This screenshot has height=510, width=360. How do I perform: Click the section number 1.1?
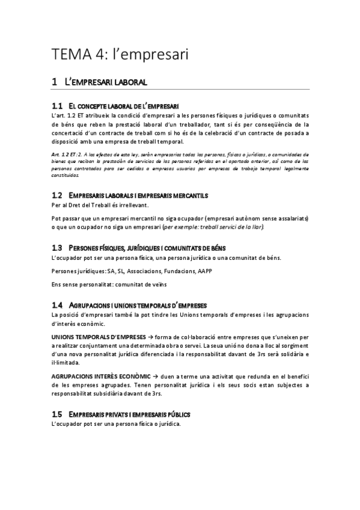pos(57,105)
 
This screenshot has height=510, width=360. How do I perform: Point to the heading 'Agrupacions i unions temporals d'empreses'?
pos(138,306)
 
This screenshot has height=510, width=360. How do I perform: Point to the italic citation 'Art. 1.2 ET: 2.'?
pos(69,155)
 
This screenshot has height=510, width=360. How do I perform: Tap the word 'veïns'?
pos(157,284)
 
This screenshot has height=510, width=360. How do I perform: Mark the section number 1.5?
pos(57,415)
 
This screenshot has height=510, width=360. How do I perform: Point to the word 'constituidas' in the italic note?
pos(66,176)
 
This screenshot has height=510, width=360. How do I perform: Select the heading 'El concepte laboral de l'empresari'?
pos(124,105)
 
